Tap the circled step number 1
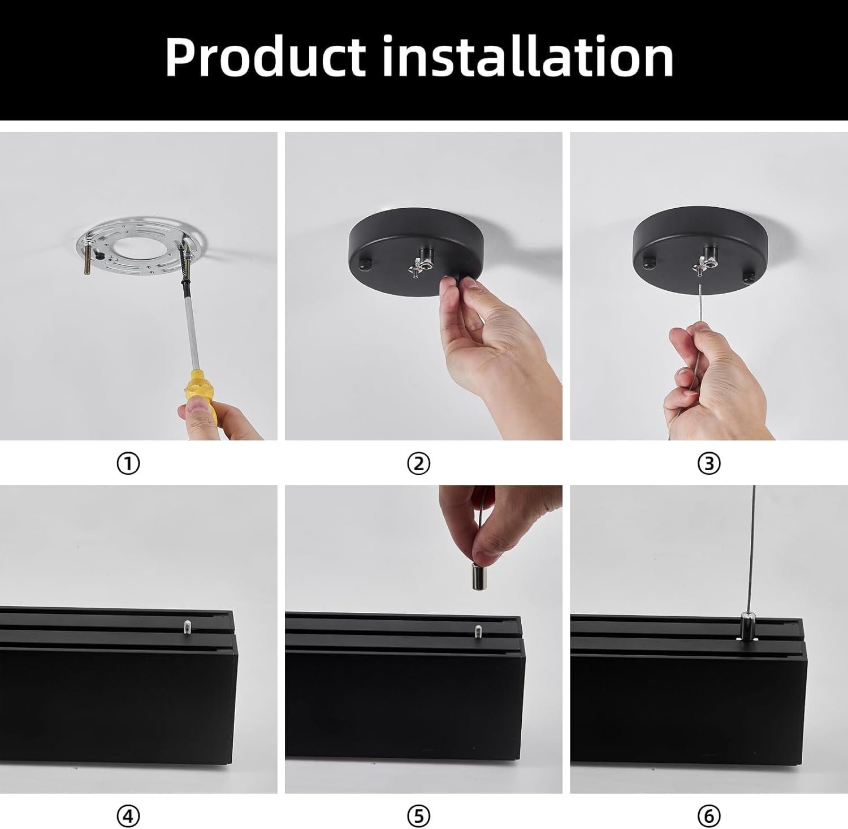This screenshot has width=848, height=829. click(x=128, y=464)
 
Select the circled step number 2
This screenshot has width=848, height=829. click(x=418, y=464)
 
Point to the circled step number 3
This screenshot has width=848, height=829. click(x=709, y=464)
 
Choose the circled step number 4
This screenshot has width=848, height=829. click(x=128, y=816)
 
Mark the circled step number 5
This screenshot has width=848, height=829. click(x=418, y=816)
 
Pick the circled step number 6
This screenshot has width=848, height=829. click(x=709, y=816)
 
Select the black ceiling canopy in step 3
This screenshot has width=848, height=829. click(x=697, y=255)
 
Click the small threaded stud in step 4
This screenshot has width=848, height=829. click(x=187, y=626)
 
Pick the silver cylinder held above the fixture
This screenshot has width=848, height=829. click(x=478, y=577)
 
